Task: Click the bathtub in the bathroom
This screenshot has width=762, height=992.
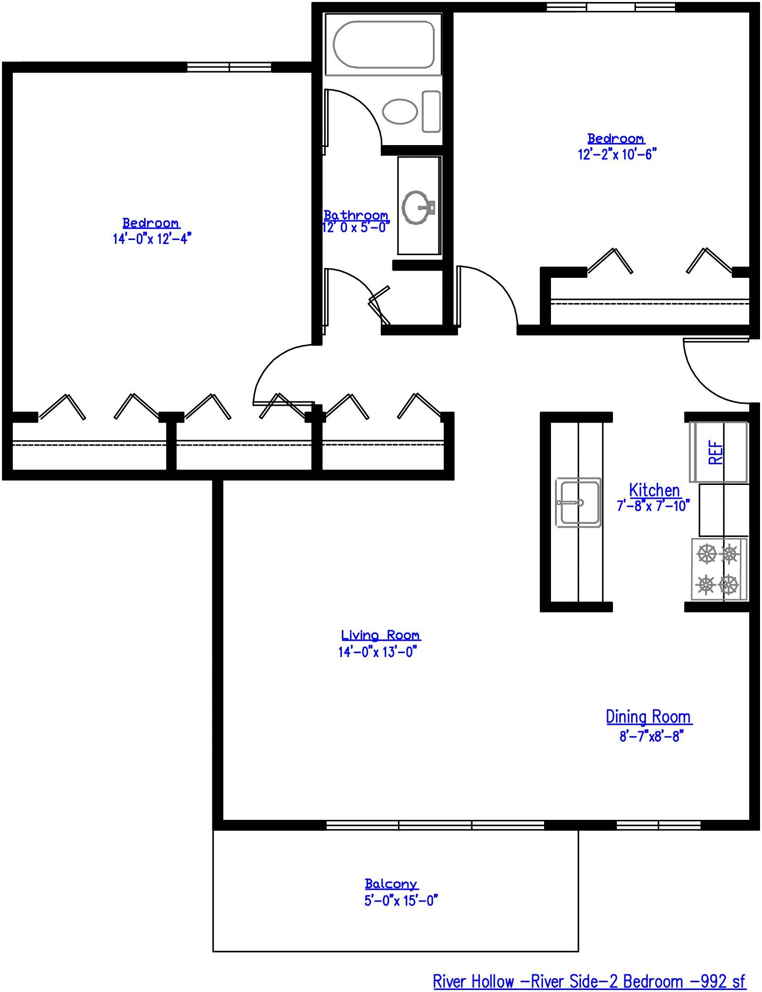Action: click(384, 44)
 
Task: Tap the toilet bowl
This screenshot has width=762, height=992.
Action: click(399, 112)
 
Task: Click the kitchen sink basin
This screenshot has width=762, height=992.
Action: click(579, 502)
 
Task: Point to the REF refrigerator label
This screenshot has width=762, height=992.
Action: click(716, 452)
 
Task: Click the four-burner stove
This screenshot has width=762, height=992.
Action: click(719, 570)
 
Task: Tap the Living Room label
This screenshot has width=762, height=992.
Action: click(381, 635)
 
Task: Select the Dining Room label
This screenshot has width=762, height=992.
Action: click(648, 717)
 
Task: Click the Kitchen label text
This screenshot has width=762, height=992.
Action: click(654, 490)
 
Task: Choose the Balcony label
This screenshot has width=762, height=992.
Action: click(391, 884)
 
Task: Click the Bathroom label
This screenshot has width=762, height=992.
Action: click(356, 215)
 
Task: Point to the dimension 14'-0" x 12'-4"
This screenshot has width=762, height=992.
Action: click(152, 239)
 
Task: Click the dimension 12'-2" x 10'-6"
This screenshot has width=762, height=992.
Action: click(617, 154)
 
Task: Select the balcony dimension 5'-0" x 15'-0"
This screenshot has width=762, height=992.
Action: click(401, 901)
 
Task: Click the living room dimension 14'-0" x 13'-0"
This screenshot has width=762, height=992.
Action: click(377, 652)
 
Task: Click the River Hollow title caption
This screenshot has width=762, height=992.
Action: click(589, 982)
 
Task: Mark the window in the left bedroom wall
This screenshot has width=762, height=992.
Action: click(229, 67)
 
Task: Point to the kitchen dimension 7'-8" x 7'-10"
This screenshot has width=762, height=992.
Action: click(653, 506)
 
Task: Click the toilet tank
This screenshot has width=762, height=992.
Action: click(431, 112)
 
